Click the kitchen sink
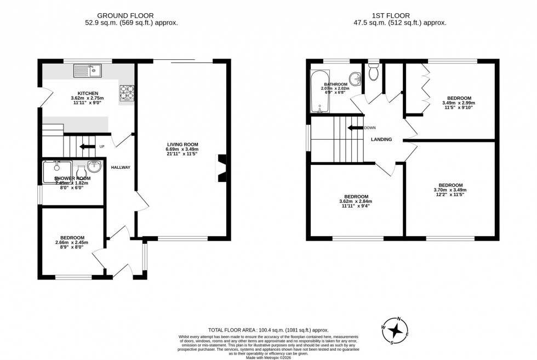pos(88,70)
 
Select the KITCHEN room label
pos(88,93)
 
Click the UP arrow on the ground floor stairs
pos(87,146)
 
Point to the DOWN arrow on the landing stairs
pos(355,128)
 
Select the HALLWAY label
pos(121,167)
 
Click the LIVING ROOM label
pos(182,144)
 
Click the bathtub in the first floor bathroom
pos(318,92)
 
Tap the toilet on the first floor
pos(374,71)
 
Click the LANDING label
pos(381,139)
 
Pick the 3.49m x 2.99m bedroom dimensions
pos(458,103)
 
